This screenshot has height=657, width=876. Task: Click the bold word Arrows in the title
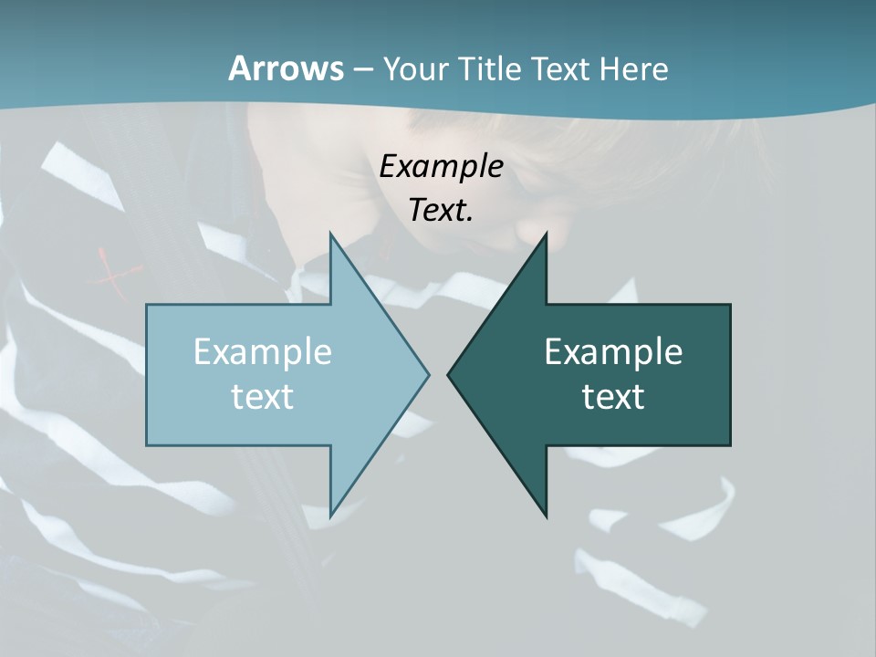click(285, 68)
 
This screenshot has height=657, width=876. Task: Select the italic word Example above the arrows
click(441, 166)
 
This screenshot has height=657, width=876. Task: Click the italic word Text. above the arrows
click(441, 210)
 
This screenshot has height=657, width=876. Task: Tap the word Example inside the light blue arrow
click(263, 351)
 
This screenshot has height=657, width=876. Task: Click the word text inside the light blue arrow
click(263, 396)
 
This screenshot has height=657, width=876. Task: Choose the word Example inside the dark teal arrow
click(613, 351)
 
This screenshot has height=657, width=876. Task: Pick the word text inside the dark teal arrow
click(613, 396)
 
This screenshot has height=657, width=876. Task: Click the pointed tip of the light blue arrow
click(428, 374)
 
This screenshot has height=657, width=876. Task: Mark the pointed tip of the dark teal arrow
click(448, 374)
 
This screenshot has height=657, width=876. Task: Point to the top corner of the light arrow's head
click(330, 234)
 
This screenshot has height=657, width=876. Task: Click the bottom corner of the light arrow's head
click(330, 516)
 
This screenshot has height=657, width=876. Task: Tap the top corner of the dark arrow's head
click(546, 234)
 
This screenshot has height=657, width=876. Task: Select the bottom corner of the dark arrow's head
click(546, 516)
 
